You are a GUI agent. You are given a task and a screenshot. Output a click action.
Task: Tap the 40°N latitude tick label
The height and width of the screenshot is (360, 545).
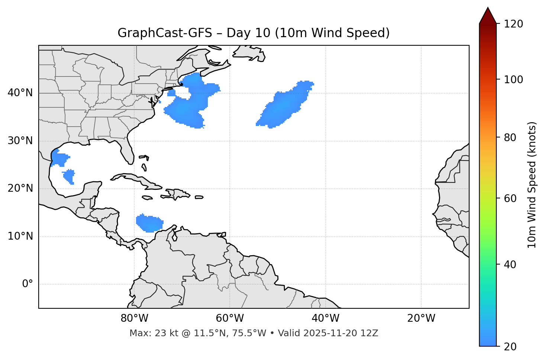(20, 93)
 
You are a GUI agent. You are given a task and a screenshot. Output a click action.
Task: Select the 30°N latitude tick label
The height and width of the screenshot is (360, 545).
(20, 141)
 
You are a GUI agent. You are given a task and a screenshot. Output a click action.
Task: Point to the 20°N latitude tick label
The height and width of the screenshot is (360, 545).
(20, 188)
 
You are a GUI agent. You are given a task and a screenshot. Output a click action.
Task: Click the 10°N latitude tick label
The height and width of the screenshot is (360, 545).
(20, 236)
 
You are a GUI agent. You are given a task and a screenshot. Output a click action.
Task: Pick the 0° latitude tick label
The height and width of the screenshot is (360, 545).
(28, 284)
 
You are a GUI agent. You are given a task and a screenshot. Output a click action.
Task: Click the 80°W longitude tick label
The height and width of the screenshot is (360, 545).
(134, 318)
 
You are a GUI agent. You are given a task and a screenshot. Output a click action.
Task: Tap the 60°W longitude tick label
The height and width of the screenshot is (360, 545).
(230, 318)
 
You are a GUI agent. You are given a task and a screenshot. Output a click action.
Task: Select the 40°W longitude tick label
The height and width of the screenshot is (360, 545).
(325, 318)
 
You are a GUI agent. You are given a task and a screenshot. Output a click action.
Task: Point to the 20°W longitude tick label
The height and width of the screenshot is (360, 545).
(421, 318)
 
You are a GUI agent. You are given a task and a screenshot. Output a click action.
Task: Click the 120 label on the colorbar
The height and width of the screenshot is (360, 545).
(513, 24)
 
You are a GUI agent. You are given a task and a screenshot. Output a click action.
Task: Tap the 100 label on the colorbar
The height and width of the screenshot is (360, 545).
(513, 80)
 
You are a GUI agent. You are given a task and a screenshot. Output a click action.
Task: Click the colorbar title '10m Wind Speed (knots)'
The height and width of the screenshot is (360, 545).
(532, 185)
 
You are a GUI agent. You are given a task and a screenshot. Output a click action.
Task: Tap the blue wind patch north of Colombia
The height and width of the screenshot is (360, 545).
(150, 223)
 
